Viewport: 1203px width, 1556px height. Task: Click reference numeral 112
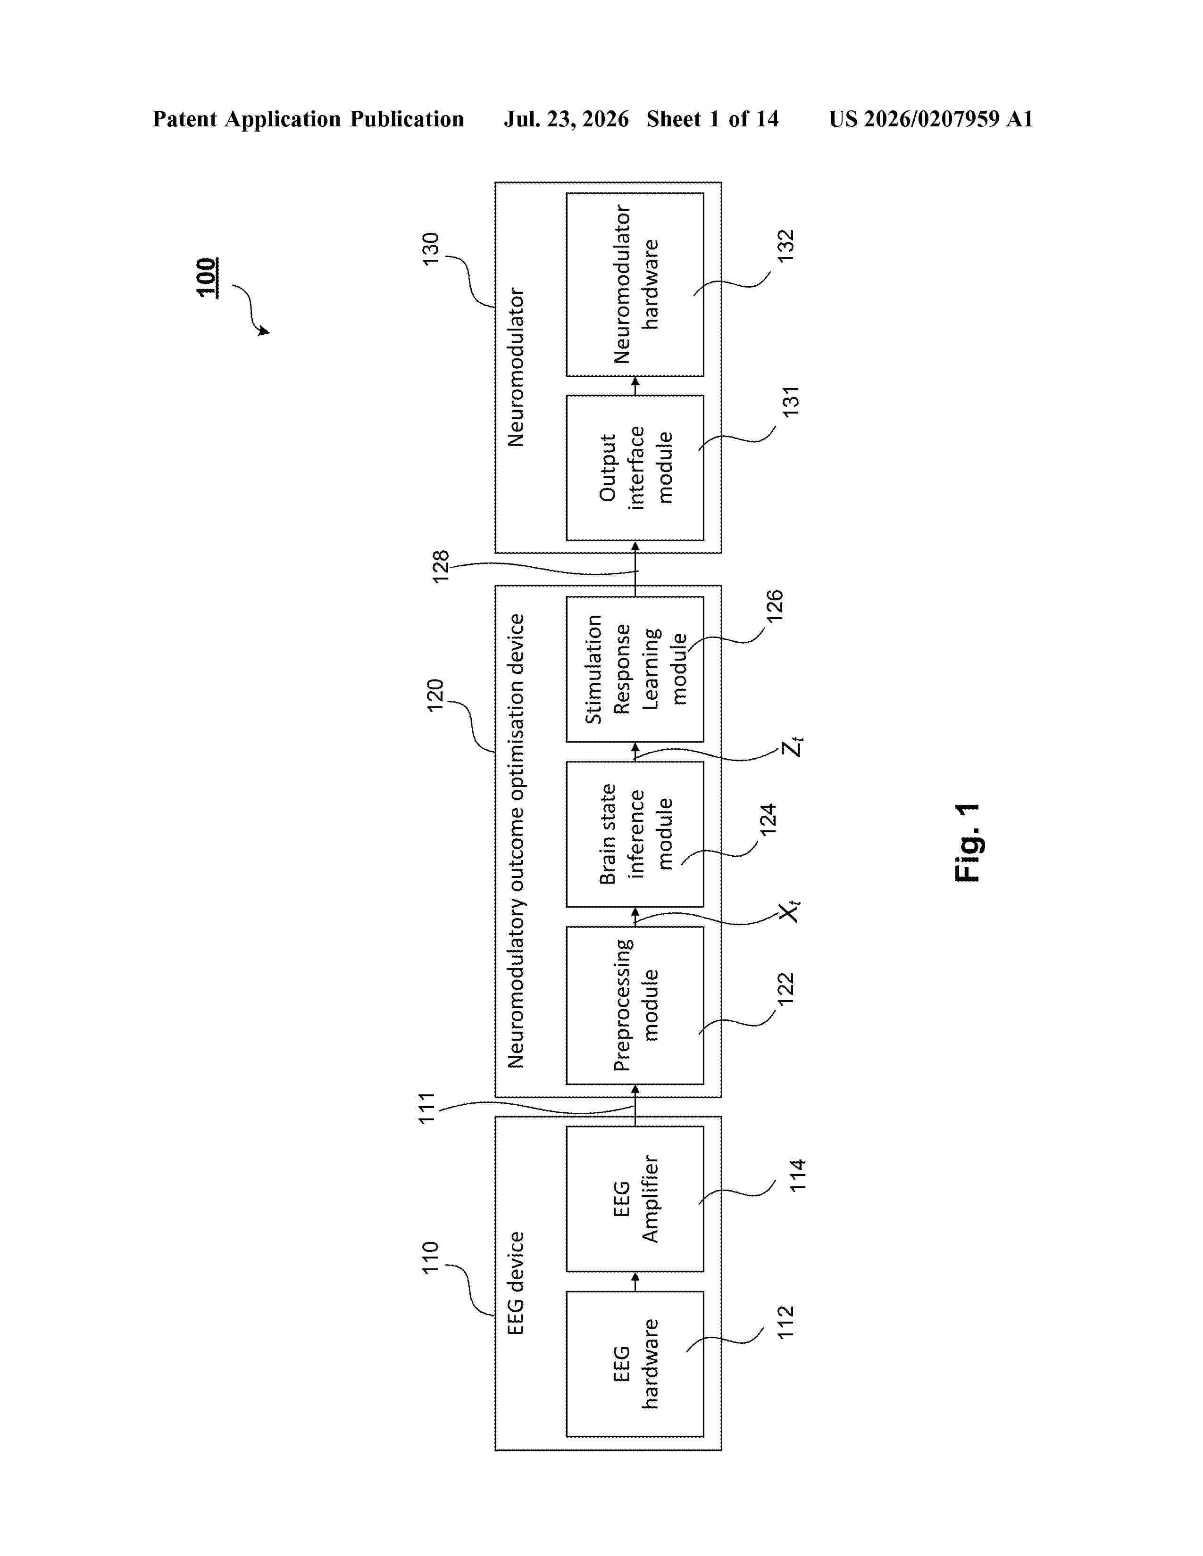(785, 1322)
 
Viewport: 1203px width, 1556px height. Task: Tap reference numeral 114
(797, 1175)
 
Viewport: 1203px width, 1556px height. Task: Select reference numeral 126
(773, 605)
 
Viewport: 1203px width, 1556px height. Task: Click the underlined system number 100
(207, 277)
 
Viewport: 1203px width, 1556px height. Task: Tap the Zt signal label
(792, 747)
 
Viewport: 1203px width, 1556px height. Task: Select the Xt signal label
(790, 911)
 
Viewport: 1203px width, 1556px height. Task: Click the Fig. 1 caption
(967, 843)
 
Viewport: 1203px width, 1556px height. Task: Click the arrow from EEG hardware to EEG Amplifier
(635, 1282)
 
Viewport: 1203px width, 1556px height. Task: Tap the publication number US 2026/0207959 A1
(931, 119)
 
